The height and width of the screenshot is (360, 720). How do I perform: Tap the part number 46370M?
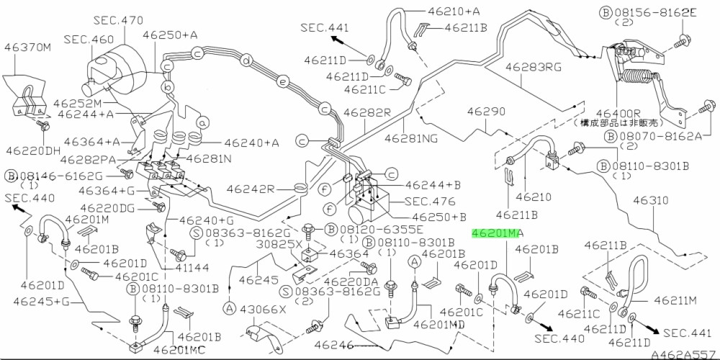pyautogui.click(x=28, y=48)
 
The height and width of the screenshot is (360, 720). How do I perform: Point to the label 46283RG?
pyautogui.click(x=532, y=67)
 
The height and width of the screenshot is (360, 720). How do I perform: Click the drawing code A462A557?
pyautogui.click(x=683, y=354)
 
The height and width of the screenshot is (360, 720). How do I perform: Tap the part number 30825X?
pyautogui.click(x=280, y=243)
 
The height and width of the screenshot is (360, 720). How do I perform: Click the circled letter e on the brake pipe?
pyautogui.click(x=283, y=82)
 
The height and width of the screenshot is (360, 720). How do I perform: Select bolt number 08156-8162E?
pyautogui.click(x=651, y=12)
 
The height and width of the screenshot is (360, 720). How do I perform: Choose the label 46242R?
pyautogui.click(x=252, y=189)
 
